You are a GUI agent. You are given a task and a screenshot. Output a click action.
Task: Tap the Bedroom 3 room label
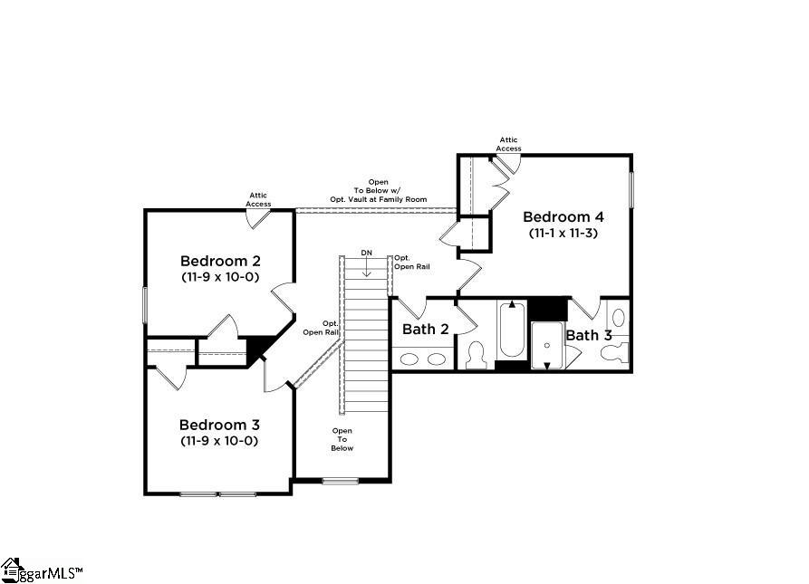[219, 425]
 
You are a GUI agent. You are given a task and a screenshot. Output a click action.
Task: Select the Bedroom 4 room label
[563, 216]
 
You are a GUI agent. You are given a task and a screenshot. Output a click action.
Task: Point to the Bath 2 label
[426, 329]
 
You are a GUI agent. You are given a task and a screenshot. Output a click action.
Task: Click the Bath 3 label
[589, 335]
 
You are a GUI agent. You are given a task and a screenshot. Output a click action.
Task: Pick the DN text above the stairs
[366, 253]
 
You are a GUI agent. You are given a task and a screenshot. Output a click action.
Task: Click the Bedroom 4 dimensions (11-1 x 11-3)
[563, 233]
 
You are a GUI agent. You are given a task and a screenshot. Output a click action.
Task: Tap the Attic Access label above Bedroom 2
[258, 199]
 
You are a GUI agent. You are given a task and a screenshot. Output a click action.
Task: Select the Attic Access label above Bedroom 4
[509, 144]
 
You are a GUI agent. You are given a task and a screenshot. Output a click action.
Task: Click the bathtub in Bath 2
[512, 330]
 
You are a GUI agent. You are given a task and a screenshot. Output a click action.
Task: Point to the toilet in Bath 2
[476, 356]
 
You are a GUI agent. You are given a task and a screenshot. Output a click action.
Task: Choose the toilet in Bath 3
[615, 353]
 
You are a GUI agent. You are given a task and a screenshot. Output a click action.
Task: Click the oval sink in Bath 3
[619, 318]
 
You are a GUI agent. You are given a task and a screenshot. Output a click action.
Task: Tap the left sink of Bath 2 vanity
[409, 359]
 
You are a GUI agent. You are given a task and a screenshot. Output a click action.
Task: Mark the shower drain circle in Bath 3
[547, 345]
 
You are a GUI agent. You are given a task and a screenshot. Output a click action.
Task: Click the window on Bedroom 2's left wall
[145, 305]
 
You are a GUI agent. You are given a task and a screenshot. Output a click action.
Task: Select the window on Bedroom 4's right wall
[631, 189]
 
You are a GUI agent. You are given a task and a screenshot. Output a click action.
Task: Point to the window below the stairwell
[341, 481]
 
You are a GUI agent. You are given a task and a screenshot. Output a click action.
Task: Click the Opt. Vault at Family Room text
[379, 199]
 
